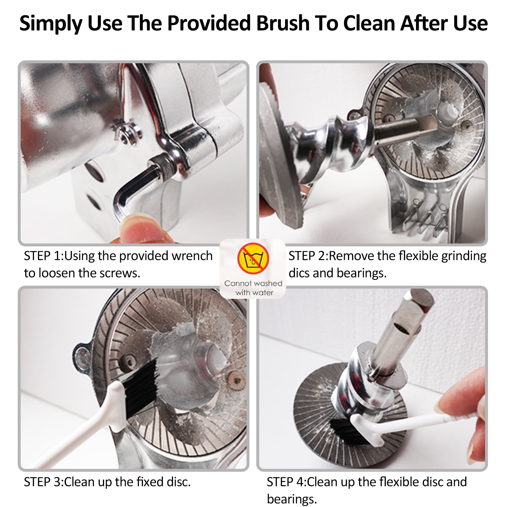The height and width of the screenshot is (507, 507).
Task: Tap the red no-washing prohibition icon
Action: pyautogui.click(x=253, y=258)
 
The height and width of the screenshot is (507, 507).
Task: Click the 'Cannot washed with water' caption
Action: pyautogui.click(x=253, y=288)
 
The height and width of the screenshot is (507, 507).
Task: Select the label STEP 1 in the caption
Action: pyautogui.click(x=43, y=256)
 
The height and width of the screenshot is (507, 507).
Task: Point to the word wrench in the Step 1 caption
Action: pyautogui.click(x=192, y=256)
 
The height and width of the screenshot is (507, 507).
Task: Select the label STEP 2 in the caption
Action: pyautogui.click(x=307, y=256)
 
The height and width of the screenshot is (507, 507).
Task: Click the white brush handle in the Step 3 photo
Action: pyautogui.click(x=87, y=425)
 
